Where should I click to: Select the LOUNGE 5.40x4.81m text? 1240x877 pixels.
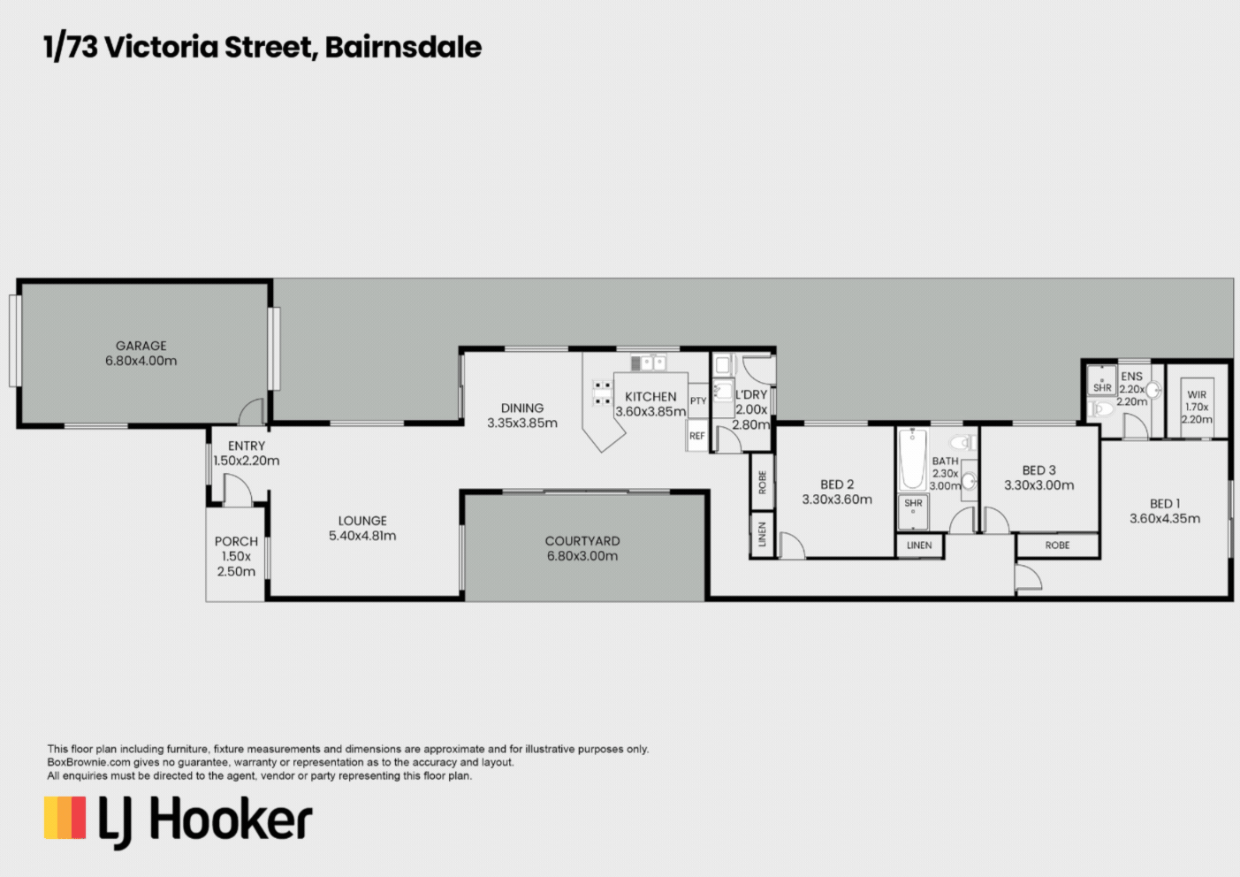tap(362, 528)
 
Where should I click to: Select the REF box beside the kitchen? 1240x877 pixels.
tap(697, 436)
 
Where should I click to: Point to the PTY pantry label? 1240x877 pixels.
tap(698, 401)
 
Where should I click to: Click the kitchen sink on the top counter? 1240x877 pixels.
tap(648, 362)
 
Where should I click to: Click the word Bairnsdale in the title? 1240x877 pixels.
tap(403, 47)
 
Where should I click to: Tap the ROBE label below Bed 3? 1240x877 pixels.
tap(1057, 545)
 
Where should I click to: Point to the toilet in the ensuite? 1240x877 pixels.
tap(1100, 408)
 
